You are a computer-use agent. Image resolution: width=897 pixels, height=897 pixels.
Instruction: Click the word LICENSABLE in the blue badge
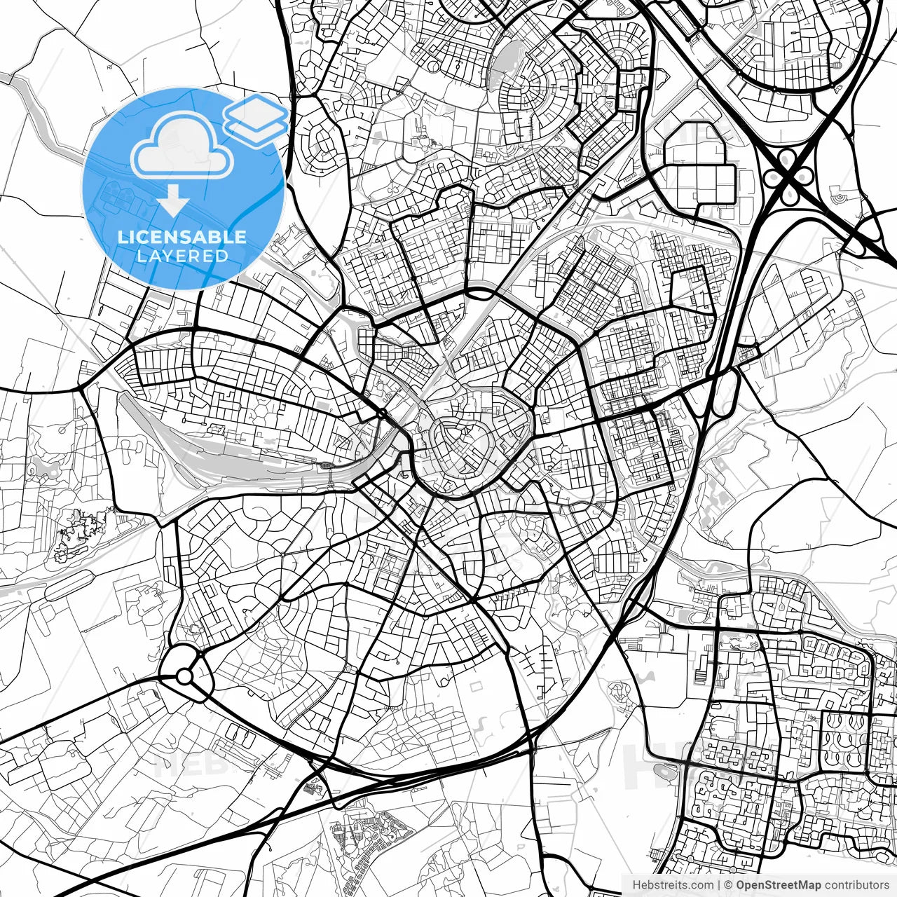click(182, 237)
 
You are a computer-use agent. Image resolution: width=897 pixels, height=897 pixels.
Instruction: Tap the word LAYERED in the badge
click(182, 256)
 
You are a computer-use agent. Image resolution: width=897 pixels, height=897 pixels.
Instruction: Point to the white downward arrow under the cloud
click(172, 201)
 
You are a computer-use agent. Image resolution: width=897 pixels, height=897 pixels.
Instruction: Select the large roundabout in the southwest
click(184, 676)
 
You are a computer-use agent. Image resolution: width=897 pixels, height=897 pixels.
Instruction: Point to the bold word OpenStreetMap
click(778, 885)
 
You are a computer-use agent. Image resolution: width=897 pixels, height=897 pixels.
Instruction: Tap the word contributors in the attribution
click(856, 885)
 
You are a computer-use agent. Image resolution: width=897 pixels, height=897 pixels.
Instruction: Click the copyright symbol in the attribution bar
click(729, 885)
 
